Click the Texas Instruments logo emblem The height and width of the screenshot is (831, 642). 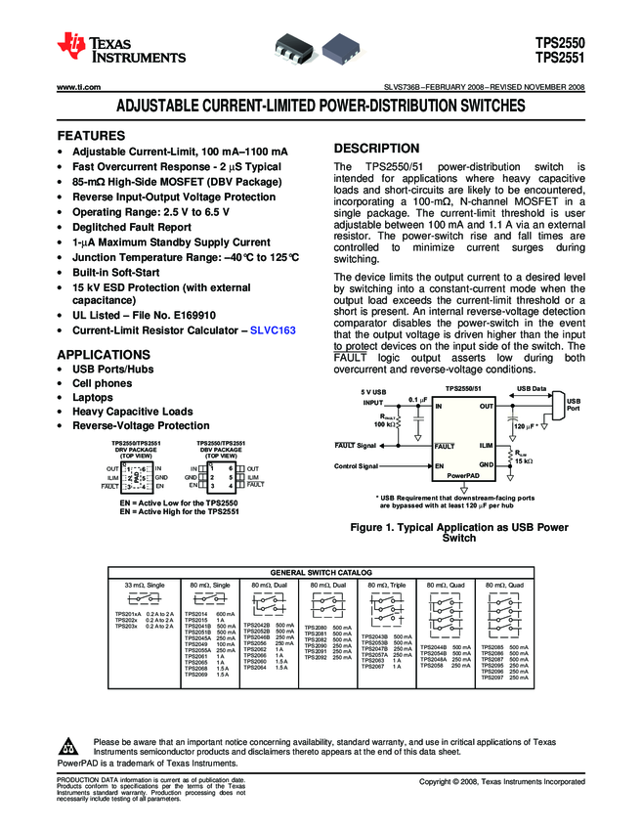[x=71, y=45]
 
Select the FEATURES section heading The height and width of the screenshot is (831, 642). [x=92, y=135]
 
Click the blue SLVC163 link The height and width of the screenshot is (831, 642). [x=274, y=331]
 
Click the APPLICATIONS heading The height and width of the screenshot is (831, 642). [x=104, y=354]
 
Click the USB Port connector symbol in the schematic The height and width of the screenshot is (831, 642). [x=559, y=405]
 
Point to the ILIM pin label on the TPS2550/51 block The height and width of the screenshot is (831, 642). [x=485, y=445]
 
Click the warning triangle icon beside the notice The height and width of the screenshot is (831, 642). [x=68, y=742]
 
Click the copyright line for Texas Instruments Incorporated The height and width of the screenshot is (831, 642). [x=502, y=781]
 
